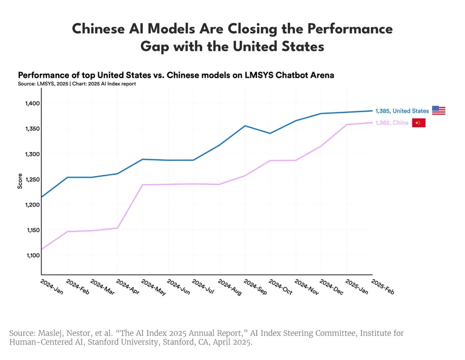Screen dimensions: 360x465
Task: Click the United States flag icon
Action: tap(438, 110)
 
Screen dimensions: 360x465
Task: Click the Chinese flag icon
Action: tap(418, 123)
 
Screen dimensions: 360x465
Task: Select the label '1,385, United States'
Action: tap(402, 111)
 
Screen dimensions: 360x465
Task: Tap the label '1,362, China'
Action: tap(392, 123)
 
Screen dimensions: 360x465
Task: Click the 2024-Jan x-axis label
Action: tap(51, 287)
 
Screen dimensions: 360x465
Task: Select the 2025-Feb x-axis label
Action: tap(383, 287)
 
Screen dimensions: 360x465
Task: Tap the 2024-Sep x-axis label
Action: tap(255, 287)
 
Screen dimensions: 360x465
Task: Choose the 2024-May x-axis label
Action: tap(153, 287)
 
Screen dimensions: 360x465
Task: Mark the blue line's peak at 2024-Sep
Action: tap(245, 126)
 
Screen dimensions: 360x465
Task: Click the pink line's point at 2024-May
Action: tap(143, 185)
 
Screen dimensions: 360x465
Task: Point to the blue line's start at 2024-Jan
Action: tap(42, 197)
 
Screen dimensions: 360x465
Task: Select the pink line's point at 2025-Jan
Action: tap(347, 125)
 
